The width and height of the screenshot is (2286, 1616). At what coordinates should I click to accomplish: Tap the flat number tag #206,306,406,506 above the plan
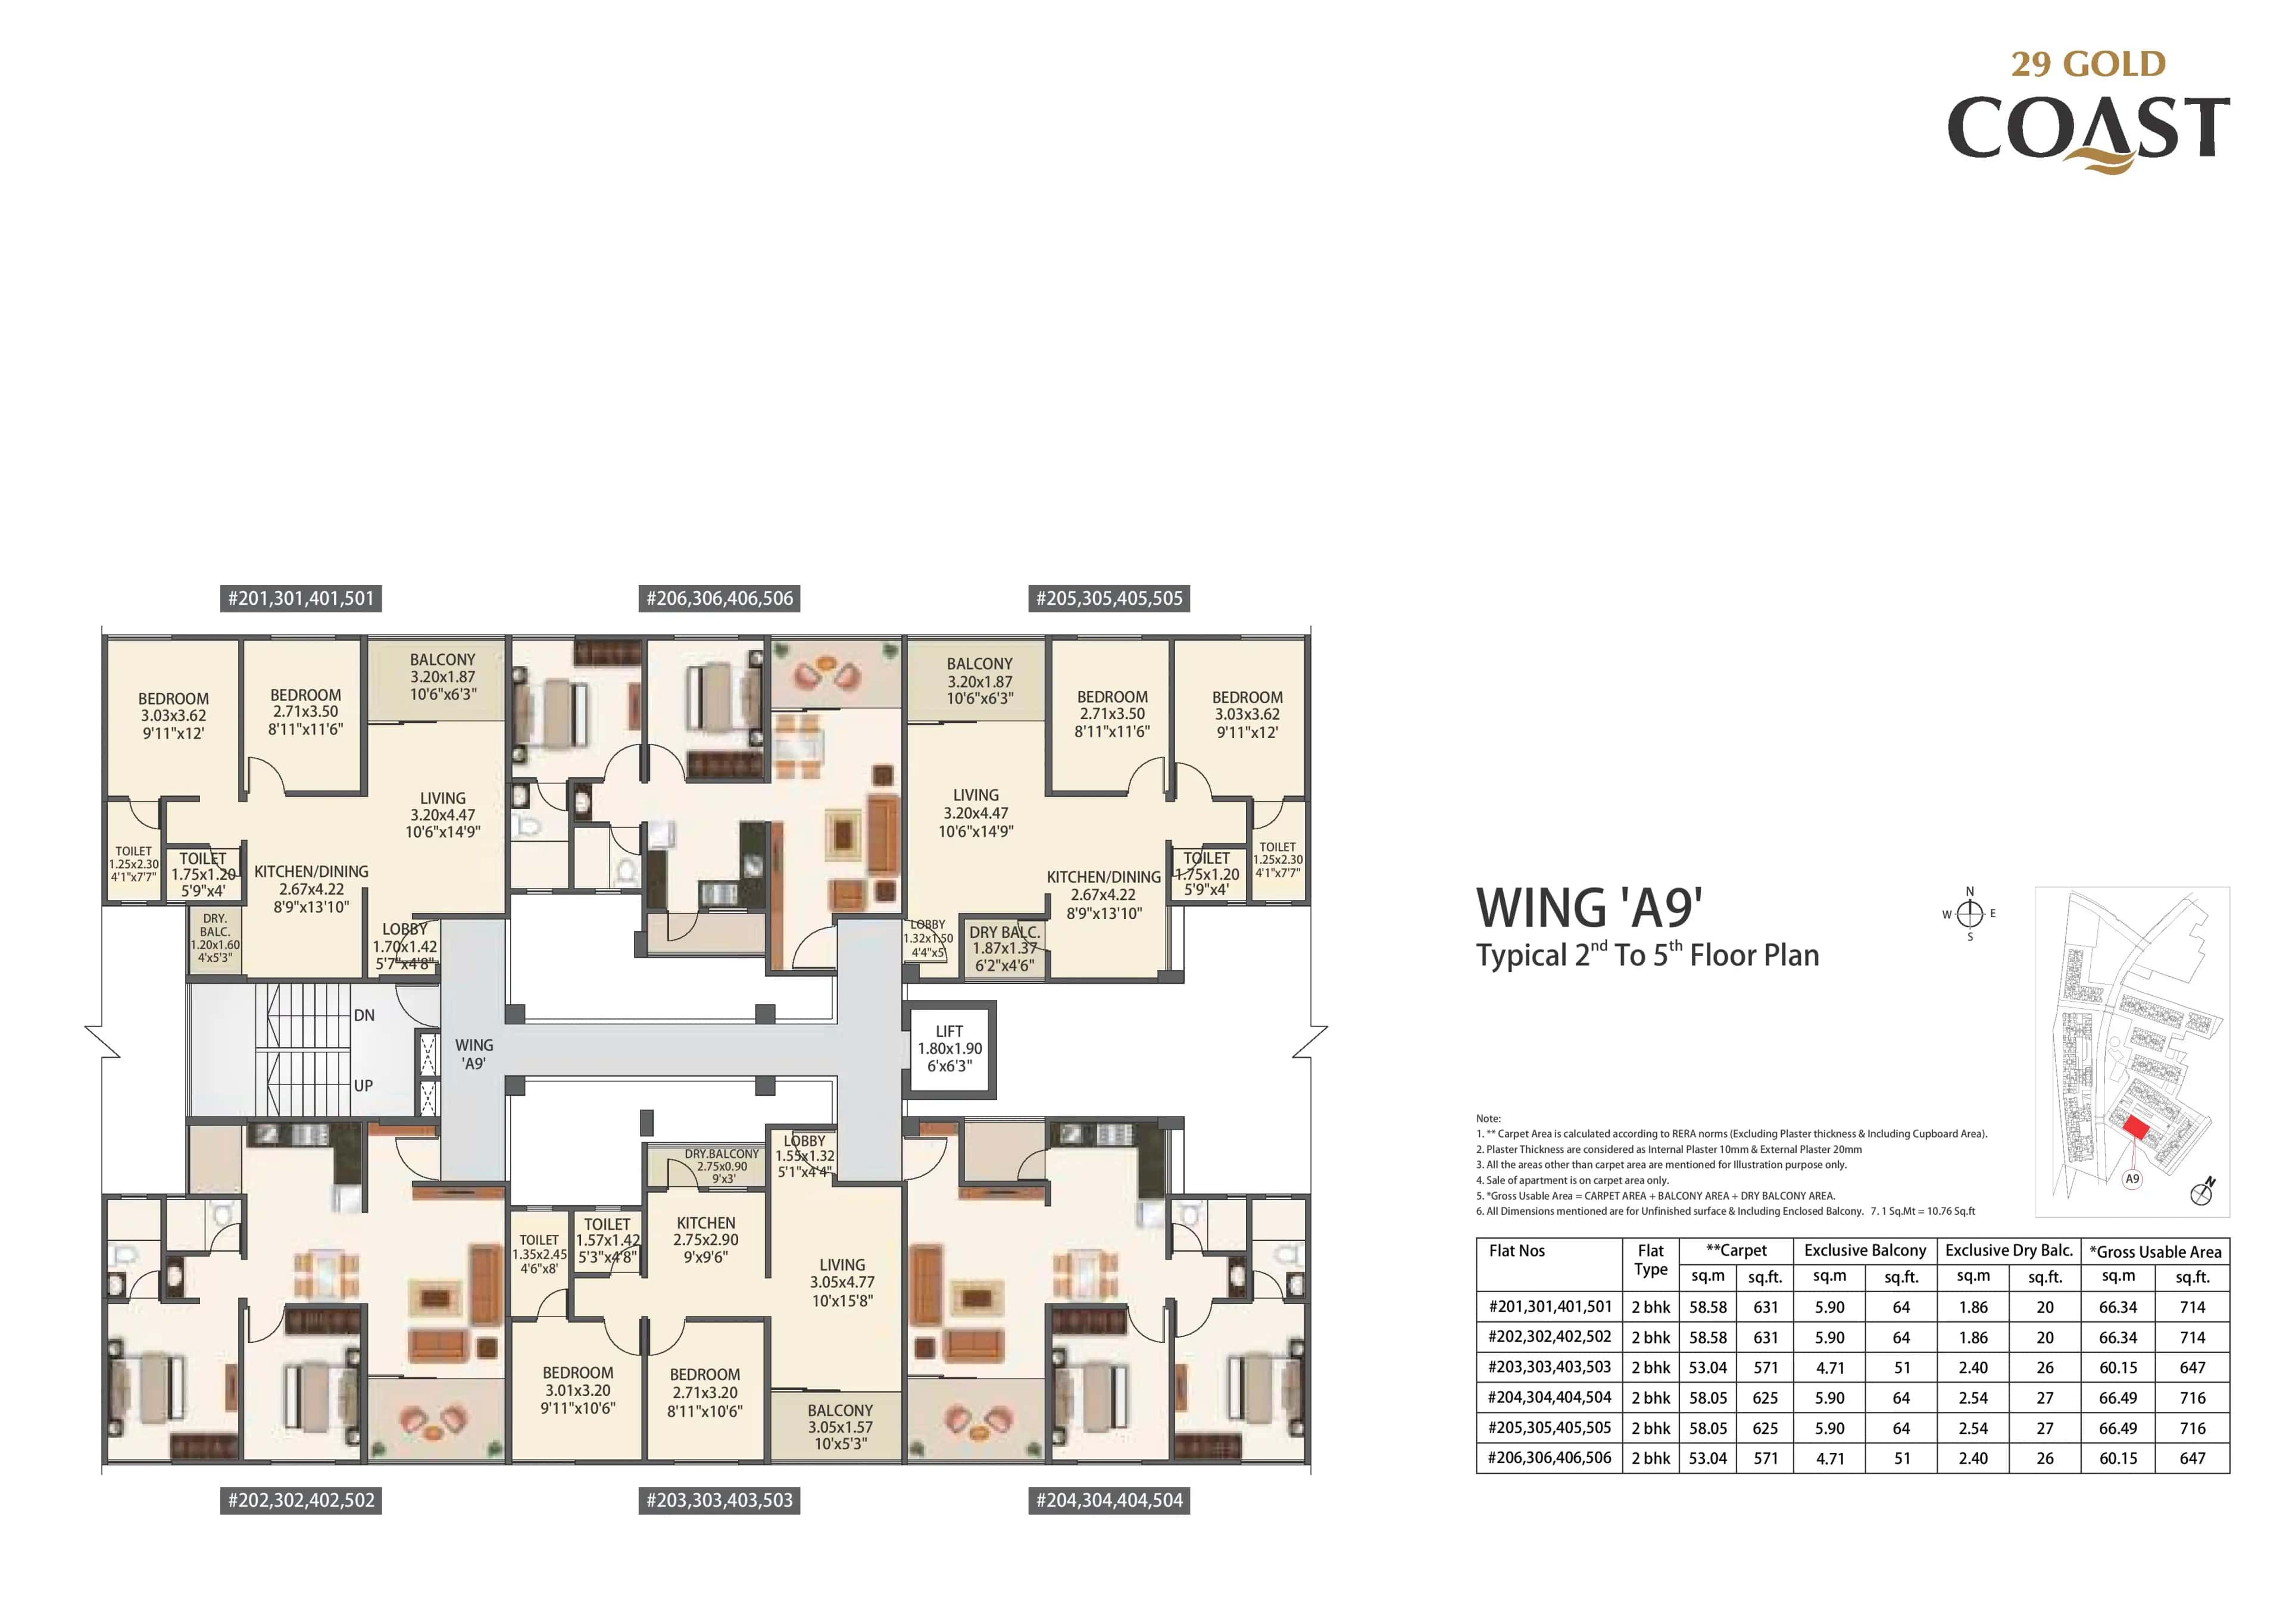tap(719, 598)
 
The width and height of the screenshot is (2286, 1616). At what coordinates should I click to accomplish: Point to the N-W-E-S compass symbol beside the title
tap(1969, 913)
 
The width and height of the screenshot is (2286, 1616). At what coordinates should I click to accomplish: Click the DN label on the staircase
tap(364, 1015)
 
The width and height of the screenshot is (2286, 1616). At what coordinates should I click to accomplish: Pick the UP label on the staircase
tap(363, 1085)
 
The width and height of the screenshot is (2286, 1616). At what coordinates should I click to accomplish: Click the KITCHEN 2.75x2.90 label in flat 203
tap(706, 1240)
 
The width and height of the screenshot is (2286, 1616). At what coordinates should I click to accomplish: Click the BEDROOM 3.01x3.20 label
tap(577, 1390)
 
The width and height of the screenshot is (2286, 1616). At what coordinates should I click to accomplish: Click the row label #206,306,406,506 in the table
tap(1549, 1458)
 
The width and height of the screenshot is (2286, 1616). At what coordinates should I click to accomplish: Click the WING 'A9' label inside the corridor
tap(474, 1054)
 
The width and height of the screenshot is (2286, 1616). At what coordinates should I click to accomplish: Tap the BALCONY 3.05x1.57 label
tap(841, 1426)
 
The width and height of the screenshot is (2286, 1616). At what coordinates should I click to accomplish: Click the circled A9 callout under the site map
tap(2132, 1179)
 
